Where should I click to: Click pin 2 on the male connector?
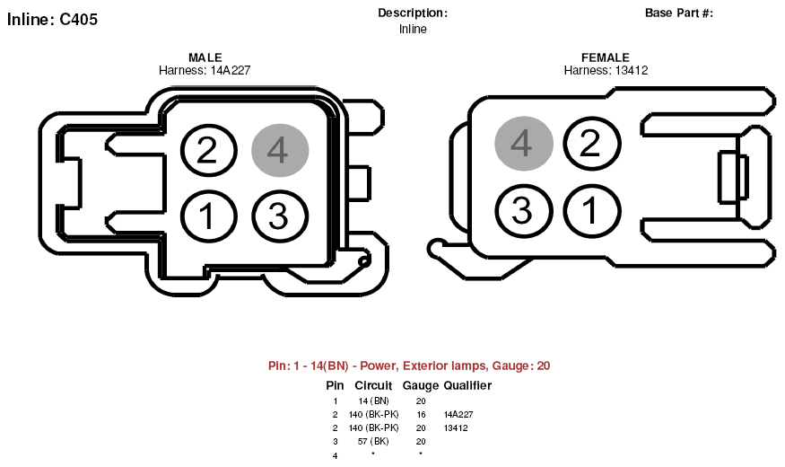coord(208,150)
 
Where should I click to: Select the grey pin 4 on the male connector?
coord(280,150)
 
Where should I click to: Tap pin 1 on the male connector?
coord(208,216)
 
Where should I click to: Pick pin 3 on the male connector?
coord(280,216)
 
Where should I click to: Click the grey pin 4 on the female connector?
coord(524,144)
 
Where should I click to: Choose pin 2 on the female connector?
coord(592,144)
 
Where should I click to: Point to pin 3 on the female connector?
coord(524,210)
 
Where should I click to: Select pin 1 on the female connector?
coord(592,210)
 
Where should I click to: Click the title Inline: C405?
coord(52,20)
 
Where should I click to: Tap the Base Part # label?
coord(679,13)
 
